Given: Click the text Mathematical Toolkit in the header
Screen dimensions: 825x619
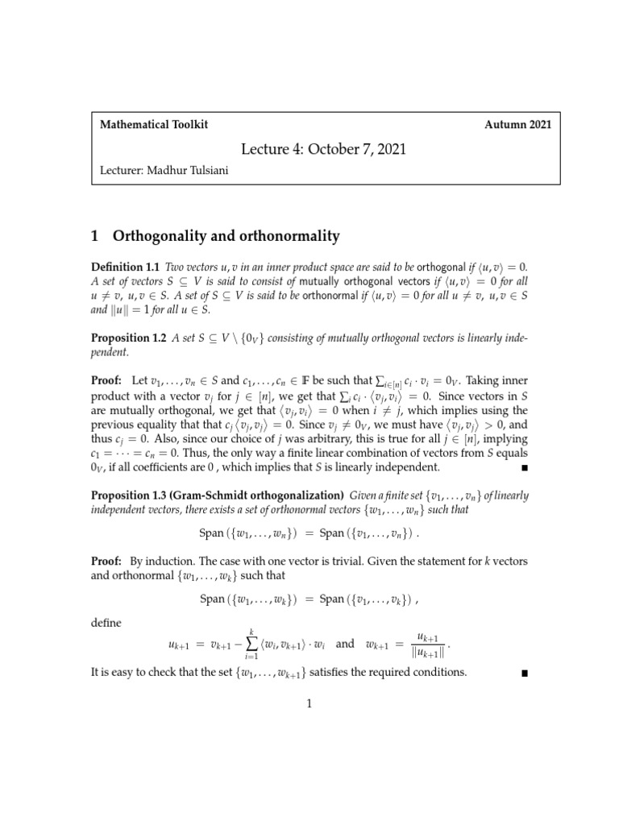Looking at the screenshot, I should [153, 125].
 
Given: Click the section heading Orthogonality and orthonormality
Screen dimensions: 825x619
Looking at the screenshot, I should [226, 236].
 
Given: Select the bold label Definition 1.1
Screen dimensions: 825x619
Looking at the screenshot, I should [127, 267].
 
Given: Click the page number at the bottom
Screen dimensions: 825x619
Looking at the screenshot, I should [309, 703].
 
